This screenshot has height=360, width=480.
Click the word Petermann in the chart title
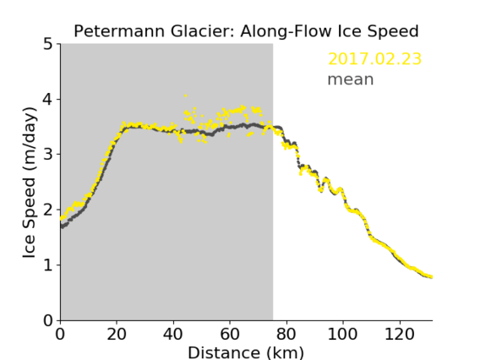(120, 31)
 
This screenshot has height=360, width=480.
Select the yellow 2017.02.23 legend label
(374, 59)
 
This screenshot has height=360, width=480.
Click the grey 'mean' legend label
(351, 79)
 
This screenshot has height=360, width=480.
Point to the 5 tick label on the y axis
(48, 45)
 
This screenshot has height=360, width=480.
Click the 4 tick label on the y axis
(48, 100)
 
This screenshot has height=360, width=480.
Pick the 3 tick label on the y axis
(48, 155)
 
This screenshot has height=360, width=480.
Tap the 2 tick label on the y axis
(48, 210)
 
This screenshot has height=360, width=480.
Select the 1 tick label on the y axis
(48, 265)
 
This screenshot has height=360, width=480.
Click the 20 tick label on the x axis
(117, 334)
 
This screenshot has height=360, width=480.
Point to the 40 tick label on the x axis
(173, 334)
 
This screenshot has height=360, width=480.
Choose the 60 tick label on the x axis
(230, 334)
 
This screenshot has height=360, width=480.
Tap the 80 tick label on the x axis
(286, 334)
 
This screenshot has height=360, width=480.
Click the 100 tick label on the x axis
(342, 334)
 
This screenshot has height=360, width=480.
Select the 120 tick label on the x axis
(399, 334)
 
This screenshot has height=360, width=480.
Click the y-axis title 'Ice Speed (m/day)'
(30, 183)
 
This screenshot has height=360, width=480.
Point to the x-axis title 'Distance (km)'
(246, 352)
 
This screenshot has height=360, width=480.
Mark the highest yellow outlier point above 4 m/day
(186, 95)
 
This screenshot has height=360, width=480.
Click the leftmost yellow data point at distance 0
(61, 219)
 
